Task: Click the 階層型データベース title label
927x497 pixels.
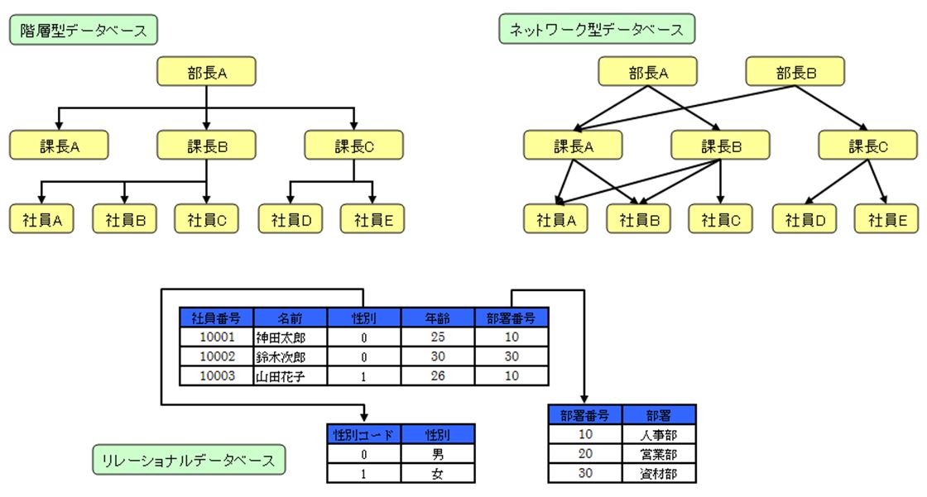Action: tap(84, 30)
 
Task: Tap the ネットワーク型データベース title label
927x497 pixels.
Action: tap(597, 30)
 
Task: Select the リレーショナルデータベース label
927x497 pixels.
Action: tap(189, 460)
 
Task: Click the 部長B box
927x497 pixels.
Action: tap(795, 72)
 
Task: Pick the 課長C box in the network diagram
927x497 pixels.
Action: tap(868, 146)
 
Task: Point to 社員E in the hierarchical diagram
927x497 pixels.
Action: tap(372, 219)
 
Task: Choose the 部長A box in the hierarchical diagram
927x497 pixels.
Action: tap(206, 72)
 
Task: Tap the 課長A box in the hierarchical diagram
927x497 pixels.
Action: tap(59, 146)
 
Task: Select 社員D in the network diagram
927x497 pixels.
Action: tap(805, 219)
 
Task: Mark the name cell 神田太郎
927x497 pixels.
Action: tap(291, 337)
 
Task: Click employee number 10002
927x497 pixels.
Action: tap(217, 356)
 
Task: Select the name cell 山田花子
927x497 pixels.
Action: tap(291, 376)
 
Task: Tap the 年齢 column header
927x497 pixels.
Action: tap(438, 318)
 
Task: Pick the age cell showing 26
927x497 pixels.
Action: tap(438, 376)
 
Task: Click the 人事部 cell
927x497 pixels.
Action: tap(659, 434)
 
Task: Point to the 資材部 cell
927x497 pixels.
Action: tap(659, 473)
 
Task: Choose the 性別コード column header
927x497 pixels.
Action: tap(363, 434)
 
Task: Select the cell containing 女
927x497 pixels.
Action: tap(438, 473)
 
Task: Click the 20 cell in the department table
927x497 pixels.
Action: tap(585, 454)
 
